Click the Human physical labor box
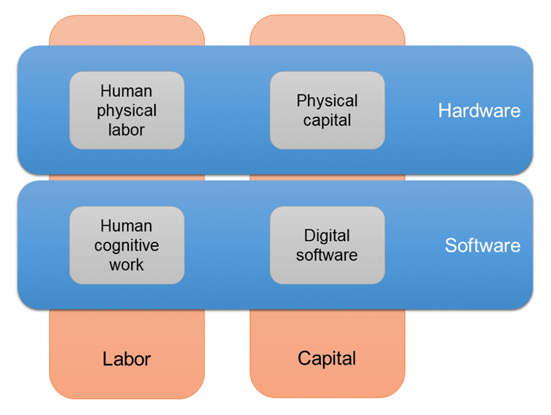point(127,110)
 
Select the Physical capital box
point(327,110)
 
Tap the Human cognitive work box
point(127,245)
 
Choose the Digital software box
point(327,245)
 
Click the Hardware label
point(479,111)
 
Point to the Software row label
point(483,245)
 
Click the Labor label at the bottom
point(127,359)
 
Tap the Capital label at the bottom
point(327,358)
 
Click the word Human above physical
point(127,91)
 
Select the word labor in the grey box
point(127,130)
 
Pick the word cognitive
point(127,245)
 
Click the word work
point(127,265)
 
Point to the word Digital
point(327,236)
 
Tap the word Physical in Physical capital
point(327,100)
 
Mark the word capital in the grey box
point(327,120)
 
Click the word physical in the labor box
point(127,111)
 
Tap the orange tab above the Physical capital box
point(327,31)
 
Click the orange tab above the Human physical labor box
point(127,31)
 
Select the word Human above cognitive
point(127,226)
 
